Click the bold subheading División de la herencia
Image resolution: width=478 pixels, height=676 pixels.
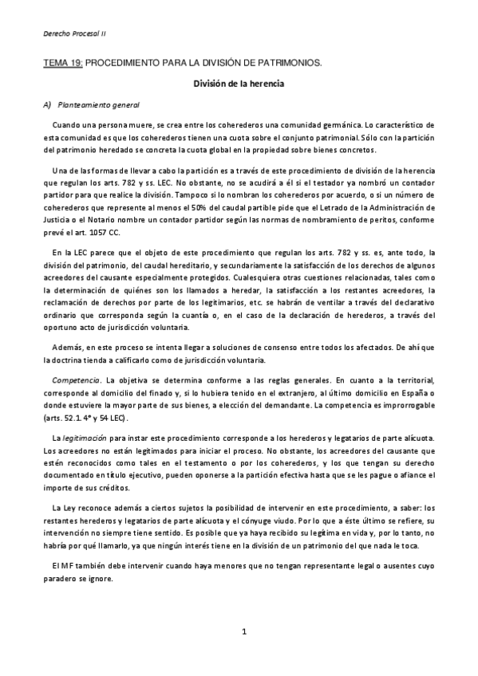tap(239, 83)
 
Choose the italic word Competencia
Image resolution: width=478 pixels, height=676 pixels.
tap(76, 380)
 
